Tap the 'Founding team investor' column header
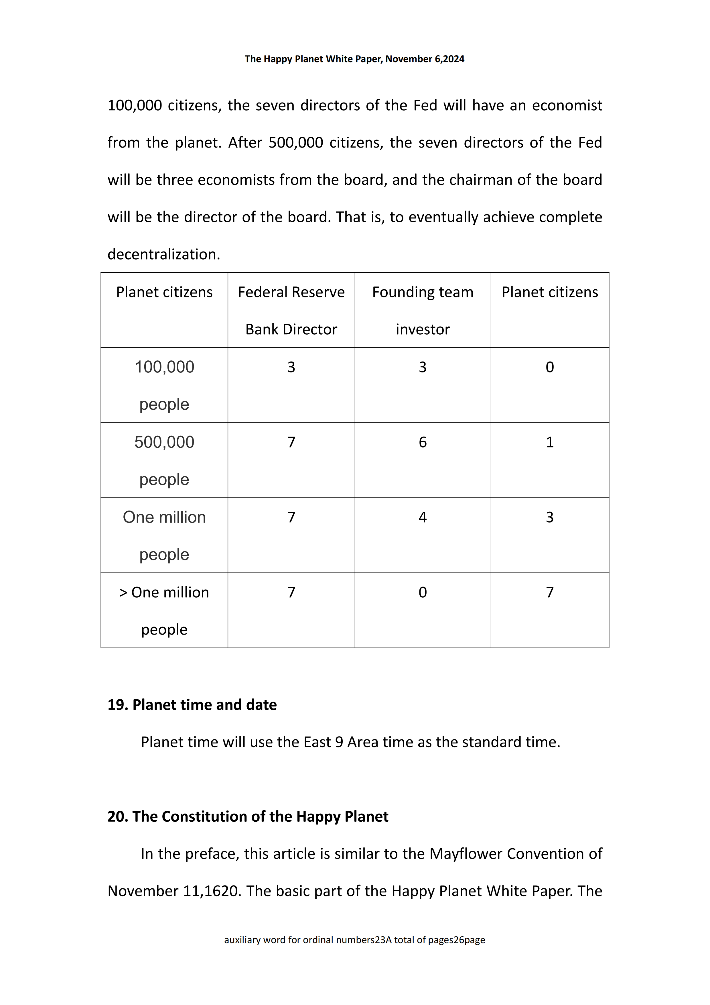pyautogui.click(x=422, y=310)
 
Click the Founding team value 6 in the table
pyautogui.click(x=422, y=442)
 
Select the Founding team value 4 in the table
pyautogui.click(x=422, y=517)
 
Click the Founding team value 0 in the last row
pyautogui.click(x=422, y=592)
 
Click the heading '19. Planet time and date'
pyautogui.click(x=192, y=705)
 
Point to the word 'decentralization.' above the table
pyautogui.click(x=163, y=254)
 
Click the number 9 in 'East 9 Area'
pyautogui.click(x=339, y=742)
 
